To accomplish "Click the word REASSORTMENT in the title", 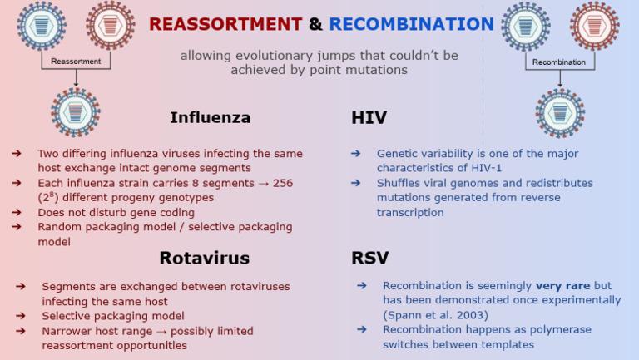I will (x=225, y=24).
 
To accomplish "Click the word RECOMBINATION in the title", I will (x=411, y=24).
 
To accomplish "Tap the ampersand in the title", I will (x=315, y=24).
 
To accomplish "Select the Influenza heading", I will (x=210, y=117).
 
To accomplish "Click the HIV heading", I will (x=369, y=118).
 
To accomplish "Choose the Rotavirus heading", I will (x=205, y=258).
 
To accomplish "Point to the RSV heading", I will (x=369, y=258).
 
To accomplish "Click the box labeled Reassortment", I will (x=76, y=62).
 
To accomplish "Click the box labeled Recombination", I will (x=558, y=62).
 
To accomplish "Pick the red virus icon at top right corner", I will (x=594, y=24).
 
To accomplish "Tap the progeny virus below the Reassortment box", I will (x=75, y=110).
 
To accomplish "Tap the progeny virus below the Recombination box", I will (x=559, y=111).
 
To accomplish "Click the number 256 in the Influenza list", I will (x=283, y=183).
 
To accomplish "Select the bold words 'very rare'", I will (x=562, y=285).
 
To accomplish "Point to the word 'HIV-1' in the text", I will (x=473, y=168).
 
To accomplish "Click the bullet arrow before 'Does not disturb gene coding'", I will (x=17, y=212).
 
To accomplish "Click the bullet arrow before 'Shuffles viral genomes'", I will (x=355, y=183).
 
